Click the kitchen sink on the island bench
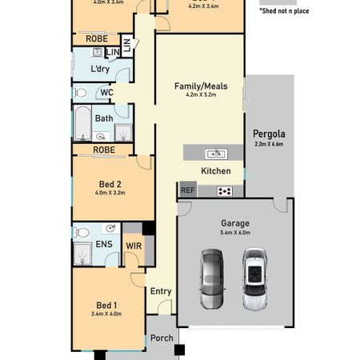pyautogui.click(x=214, y=154)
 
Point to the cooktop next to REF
pyautogui.click(x=225, y=190)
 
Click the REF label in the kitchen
pyautogui.click(x=188, y=190)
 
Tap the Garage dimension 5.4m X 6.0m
pyautogui.click(x=235, y=233)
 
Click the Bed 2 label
pyautogui.click(x=110, y=184)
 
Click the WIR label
pyautogui.click(x=134, y=246)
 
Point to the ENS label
pyautogui.click(x=104, y=245)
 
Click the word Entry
pyautogui.click(x=161, y=291)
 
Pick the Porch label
pyautogui.click(x=162, y=338)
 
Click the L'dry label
pyautogui.click(x=100, y=69)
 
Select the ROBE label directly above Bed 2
pyautogui.click(x=104, y=150)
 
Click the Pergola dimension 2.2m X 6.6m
pyautogui.click(x=269, y=144)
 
